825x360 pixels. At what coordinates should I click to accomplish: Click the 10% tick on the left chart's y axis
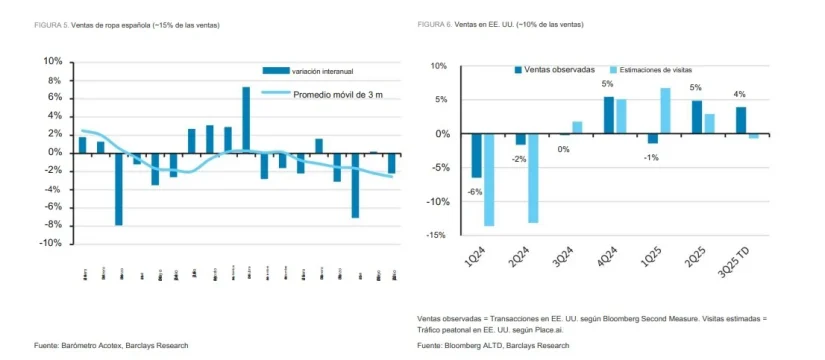tap(53, 61)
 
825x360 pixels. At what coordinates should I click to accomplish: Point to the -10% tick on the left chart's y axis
tap(50, 243)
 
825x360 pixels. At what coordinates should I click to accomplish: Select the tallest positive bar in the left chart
tap(246, 119)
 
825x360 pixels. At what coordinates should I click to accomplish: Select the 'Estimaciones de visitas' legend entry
tap(655, 70)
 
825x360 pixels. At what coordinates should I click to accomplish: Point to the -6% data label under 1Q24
tap(475, 191)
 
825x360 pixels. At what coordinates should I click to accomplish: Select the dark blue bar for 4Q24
tap(608, 115)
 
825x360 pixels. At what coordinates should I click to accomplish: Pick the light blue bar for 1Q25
tap(664, 111)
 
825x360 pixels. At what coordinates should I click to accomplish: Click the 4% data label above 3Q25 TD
tap(739, 94)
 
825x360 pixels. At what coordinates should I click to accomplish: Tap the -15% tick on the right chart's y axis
tap(438, 235)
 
